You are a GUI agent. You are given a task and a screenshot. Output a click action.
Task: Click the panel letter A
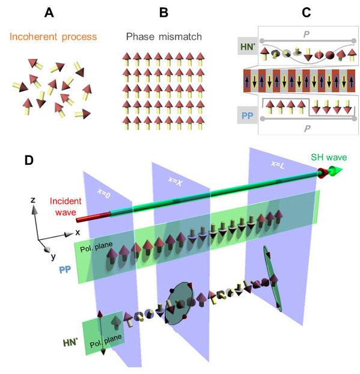49,13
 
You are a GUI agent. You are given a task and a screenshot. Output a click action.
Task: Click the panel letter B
164,13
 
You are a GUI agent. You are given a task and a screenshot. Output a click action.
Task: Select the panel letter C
307,13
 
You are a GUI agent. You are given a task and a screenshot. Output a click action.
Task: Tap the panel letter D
29,161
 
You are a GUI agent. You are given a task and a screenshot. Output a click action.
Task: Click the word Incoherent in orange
34,37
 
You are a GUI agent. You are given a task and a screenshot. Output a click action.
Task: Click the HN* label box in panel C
248,46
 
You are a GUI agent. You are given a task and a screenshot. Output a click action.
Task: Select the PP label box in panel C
247,115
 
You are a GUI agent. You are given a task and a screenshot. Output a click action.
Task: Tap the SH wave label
329,158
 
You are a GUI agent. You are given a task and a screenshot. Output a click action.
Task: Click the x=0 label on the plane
104,193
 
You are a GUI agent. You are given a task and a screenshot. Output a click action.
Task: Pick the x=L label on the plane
278,164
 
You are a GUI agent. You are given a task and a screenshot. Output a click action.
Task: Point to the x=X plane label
175,182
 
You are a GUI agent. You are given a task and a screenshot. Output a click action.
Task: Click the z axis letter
33,200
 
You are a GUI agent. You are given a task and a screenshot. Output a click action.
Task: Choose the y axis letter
53,257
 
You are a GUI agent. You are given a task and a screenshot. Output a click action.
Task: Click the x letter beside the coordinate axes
78,232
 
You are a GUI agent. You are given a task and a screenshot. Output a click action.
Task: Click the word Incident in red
66,201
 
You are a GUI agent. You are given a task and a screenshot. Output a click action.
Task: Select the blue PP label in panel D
65,270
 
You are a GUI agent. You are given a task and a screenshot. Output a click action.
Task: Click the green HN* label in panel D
70,343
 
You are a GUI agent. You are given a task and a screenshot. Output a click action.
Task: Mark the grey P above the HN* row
307,34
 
